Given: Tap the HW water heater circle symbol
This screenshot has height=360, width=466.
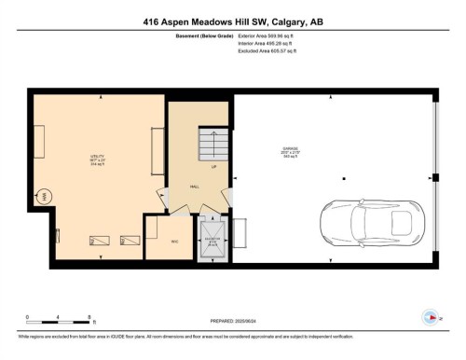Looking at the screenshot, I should pyautogui.click(x=44, y=197).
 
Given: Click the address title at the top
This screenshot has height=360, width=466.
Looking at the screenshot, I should pyautogui.click(x=232, y=21).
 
